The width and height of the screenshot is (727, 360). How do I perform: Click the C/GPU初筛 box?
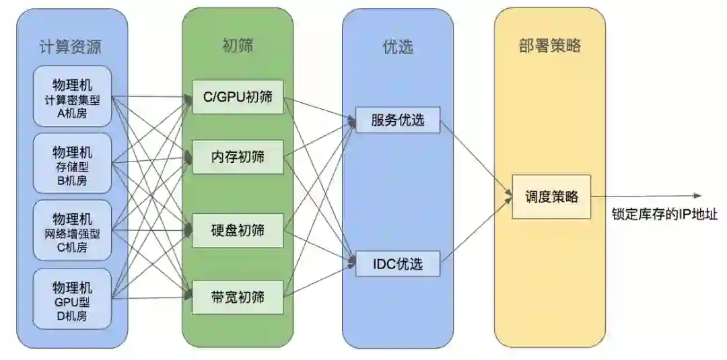click(x=238, y=97)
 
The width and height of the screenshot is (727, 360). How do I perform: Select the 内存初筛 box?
click(x=238, y=157)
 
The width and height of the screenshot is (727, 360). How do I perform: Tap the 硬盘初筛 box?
click(x=238, y=230)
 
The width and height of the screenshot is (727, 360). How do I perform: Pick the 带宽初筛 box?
click(x=238, y=296)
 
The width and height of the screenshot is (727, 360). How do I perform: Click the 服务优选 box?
click(x=397, y=120)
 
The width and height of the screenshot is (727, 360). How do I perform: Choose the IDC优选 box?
click(x=397, y=264)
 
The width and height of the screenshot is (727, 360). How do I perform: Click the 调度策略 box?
click(x=551, y=197)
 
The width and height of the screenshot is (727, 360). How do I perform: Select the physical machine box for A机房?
click(x=72, y=96)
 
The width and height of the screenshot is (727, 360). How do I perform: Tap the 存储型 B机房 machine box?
click(x=72, y=164)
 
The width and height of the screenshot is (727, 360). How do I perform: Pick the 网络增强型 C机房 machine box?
click(x=72, y=231)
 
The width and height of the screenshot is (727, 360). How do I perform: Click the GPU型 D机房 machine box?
click(x=72, y=299)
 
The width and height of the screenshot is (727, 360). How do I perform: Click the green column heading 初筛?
click(x=237, y=45)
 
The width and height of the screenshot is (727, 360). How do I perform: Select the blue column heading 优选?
click(x=396, y=46)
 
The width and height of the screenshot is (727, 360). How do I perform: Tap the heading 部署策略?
click(x=549, y=46)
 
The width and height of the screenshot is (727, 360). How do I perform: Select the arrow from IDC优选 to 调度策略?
click(x=475, y=232)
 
